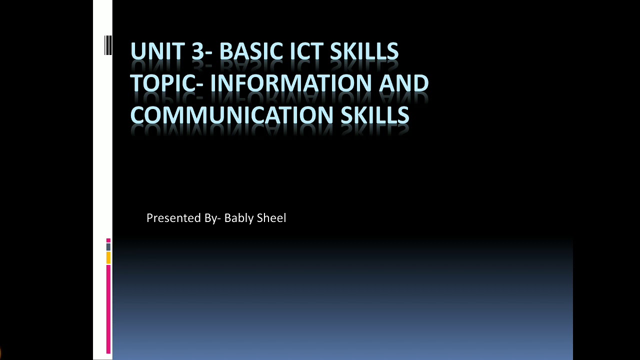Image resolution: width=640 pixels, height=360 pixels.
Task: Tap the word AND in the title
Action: [403, 83]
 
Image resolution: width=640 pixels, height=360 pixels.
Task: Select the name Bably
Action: [238, 218]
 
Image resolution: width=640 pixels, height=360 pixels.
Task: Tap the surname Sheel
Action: [271, 218]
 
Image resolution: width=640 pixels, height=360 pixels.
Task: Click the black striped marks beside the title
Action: [108, 45]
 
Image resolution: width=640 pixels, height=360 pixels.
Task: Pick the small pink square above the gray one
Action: [108, 240]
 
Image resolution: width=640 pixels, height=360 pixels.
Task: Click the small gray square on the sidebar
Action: [108, 247]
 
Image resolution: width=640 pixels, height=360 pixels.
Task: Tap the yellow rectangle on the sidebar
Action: [108, 257]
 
